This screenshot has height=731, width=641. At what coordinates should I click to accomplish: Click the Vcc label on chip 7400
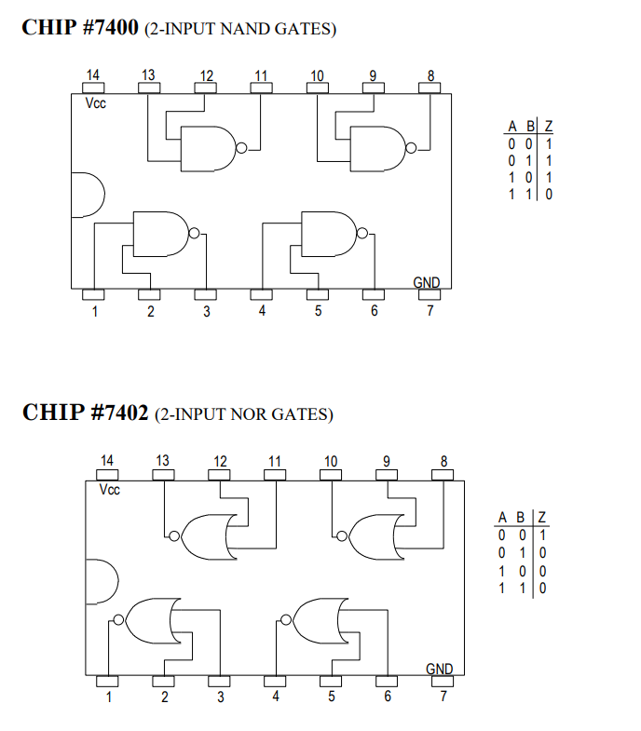[96, 103]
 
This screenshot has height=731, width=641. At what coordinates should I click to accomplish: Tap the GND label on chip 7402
[440, 669]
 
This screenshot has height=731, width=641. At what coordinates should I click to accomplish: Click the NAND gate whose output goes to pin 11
[210, 148]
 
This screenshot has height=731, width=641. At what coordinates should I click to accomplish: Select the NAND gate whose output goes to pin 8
[377, 148]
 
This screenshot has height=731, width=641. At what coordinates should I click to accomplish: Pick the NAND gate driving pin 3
[161, 233]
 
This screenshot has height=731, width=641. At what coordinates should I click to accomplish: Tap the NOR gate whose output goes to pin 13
[207, 535]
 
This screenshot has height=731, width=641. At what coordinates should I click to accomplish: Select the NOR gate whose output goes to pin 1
[149, 621]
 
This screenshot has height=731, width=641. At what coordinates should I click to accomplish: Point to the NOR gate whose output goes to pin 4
[318, 621]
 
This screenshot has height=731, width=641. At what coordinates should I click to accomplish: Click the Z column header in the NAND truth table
[549, 127]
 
